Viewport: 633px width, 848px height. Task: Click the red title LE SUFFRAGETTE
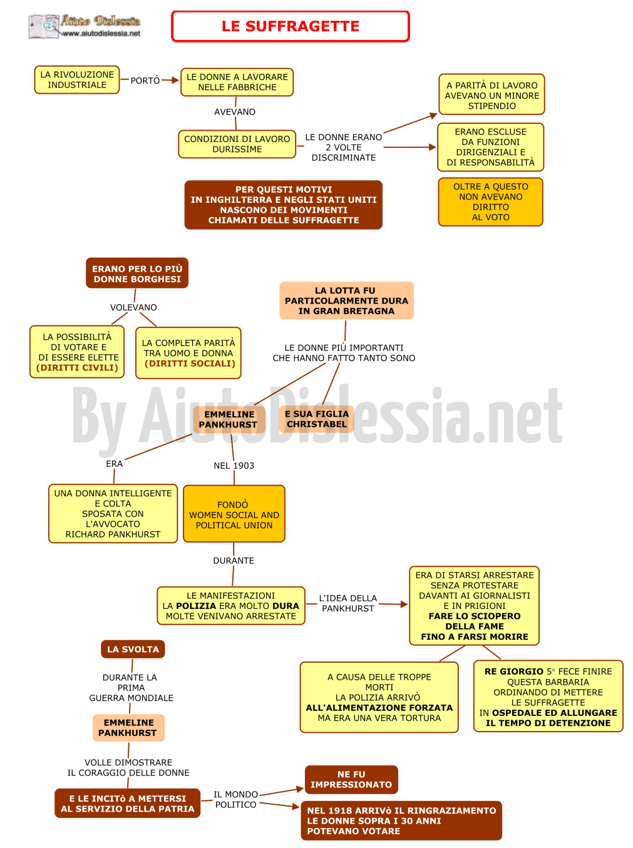point(290,26)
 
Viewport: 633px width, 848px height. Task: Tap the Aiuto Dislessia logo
point(84,26)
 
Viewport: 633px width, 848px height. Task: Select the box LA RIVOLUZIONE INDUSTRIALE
point(76,79)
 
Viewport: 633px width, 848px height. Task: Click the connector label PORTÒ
point(145,80)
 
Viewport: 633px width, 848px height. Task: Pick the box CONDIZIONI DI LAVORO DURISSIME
point(237,144)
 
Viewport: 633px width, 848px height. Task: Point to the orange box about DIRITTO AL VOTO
point(490,202)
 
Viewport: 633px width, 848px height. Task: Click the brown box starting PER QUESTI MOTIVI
point(283,205)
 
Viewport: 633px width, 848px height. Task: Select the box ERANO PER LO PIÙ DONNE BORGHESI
point(136,273)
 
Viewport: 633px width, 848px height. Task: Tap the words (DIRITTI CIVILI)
point(77,367)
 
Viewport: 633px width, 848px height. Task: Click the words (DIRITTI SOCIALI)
point(189,363)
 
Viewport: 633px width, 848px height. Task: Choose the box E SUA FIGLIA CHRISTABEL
point(316,419)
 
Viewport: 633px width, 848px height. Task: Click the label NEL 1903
point(234,465)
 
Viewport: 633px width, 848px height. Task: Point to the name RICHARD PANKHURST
point(113,534)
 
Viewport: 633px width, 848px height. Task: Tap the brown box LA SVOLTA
point(133,648)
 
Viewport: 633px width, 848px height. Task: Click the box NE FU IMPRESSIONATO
point(351,779)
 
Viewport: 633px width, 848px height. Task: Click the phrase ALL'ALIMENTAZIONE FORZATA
point(379,707)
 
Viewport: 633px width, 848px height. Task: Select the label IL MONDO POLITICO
point(235,799)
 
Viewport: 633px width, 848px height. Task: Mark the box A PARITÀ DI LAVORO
point(491,95)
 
